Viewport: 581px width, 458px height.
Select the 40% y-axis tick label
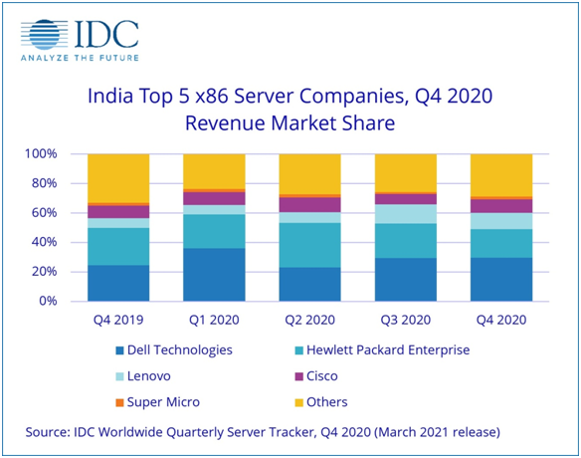click(x=60, y=242)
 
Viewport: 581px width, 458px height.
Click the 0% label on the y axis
click(x=64, y=301)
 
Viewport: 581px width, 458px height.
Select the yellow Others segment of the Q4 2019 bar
click(x=118, y=178)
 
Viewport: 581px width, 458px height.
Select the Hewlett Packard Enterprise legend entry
click(x=396, y=350)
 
